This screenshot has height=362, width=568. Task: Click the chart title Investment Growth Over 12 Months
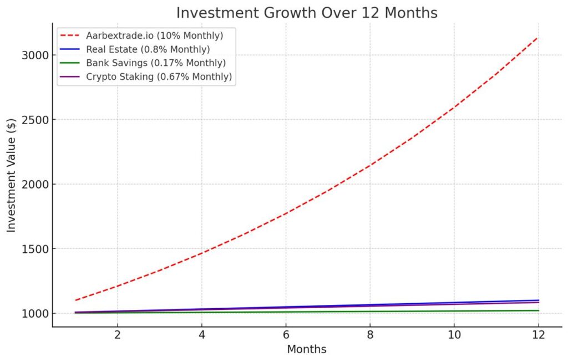click(x=307, y=12)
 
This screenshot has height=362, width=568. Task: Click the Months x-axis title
click(x=307, y=350)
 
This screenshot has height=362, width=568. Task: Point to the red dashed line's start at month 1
click(x=75, y=300)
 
